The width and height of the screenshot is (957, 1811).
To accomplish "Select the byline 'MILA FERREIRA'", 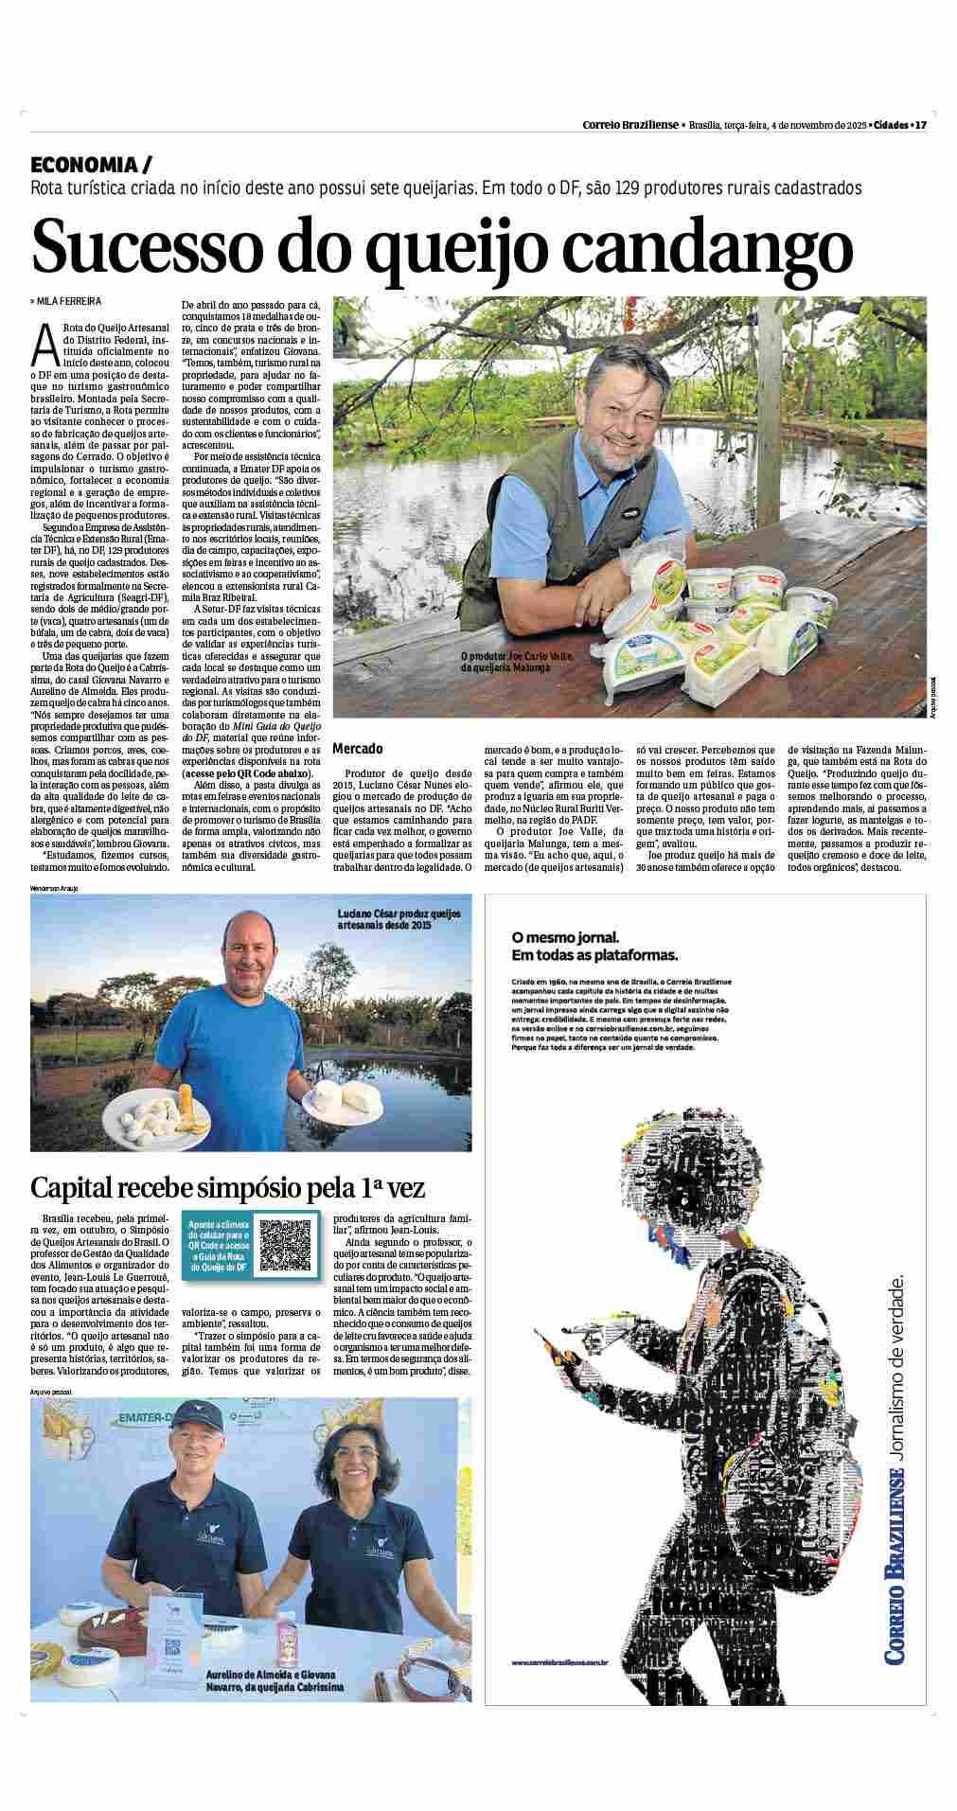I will pos(69,302).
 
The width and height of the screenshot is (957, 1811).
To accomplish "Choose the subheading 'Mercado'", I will pos(358,749).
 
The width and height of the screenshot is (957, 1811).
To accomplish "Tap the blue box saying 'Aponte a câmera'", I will pos(218,1244).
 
